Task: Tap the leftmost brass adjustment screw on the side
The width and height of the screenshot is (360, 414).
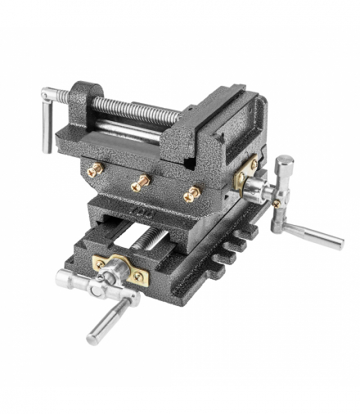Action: [95, 169]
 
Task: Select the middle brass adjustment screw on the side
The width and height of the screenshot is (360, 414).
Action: [142, 181]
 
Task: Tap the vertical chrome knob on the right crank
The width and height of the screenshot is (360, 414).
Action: [284, 172]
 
